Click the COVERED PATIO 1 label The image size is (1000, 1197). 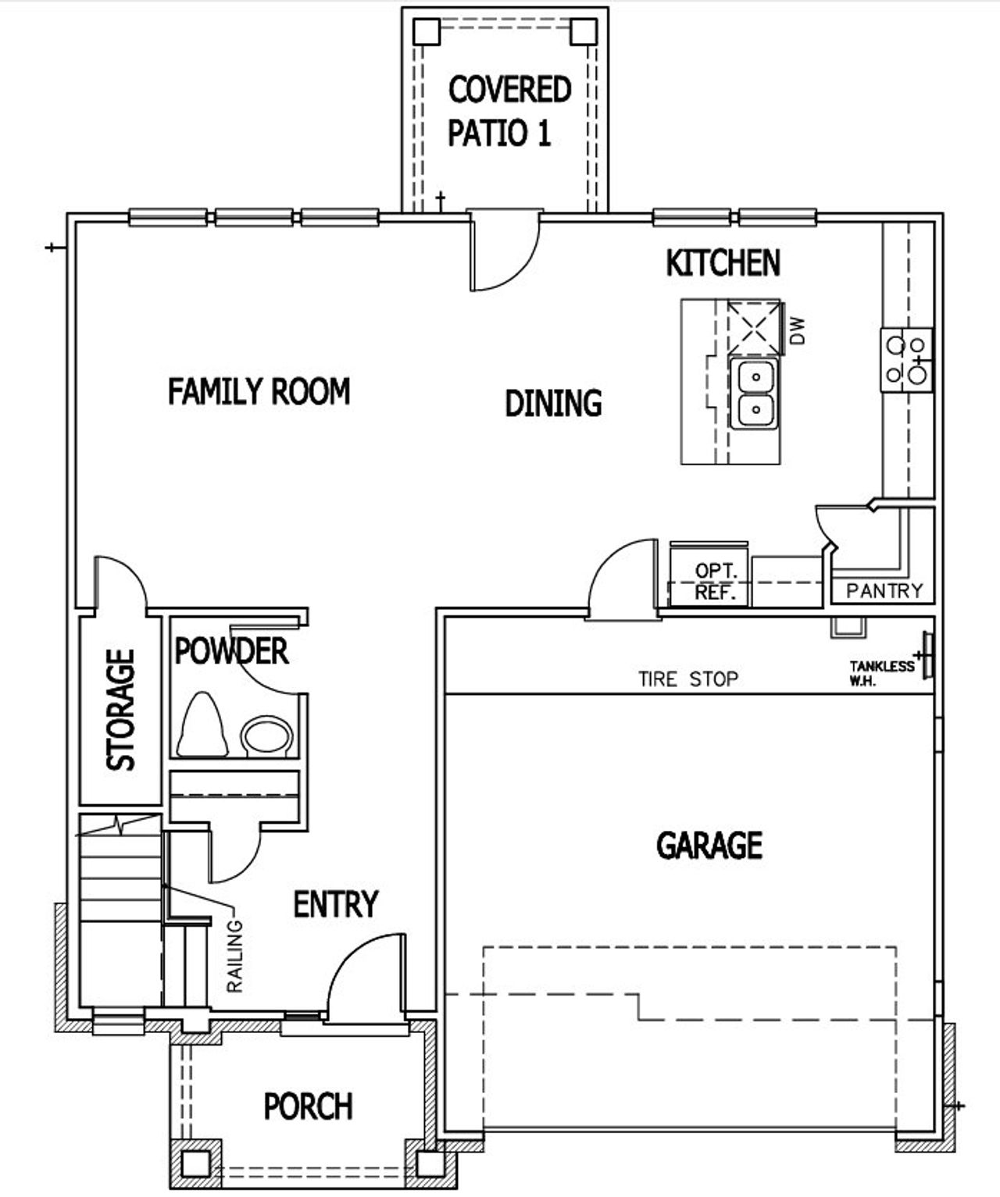point(509,111)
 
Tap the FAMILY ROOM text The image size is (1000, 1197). point(259,390)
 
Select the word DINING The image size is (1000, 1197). point(553,403)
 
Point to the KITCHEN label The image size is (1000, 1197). point(723,263)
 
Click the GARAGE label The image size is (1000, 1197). point(709,845)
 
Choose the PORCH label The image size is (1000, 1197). point(308,1106)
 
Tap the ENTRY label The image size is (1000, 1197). point(335,903)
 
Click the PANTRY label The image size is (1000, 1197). point(884,591)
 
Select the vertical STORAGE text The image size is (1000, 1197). point(121,710)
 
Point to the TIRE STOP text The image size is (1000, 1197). point(687,679)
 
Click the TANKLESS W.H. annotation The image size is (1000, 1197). point(881,672)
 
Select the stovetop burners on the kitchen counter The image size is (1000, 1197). point(906,359)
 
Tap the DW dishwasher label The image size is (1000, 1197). point(797,330)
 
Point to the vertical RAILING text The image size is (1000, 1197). point(234,956)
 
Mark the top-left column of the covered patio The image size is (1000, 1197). point(426,31)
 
